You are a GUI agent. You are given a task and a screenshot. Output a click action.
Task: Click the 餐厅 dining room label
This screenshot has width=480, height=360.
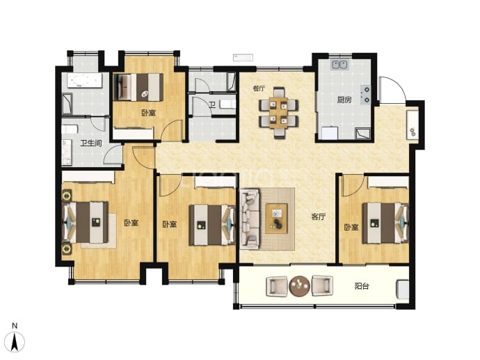point(259,88)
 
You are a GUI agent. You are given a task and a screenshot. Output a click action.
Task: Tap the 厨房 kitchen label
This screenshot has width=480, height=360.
point(344,100)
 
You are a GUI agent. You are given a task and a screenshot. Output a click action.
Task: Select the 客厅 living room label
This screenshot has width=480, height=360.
point(319,217)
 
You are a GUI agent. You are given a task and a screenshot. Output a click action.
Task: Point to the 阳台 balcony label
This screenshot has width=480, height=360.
point(362,286)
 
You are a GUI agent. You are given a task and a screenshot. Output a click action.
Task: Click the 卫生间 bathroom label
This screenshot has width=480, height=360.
point(91,143)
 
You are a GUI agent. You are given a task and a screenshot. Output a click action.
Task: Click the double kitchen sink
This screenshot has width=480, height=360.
point(339,64)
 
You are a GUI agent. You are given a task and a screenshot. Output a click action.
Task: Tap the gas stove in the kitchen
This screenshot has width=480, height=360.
point(366,95)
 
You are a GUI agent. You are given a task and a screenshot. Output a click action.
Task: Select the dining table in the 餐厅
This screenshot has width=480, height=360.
point(278,113)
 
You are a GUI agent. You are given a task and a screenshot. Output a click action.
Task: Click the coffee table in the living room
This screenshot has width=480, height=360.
point(276,219)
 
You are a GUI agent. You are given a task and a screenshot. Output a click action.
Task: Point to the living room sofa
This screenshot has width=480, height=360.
point(250,219)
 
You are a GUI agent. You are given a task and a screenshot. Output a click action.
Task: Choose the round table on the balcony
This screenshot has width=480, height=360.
point(299,286)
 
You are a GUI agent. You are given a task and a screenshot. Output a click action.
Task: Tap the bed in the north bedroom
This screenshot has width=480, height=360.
point(138,87)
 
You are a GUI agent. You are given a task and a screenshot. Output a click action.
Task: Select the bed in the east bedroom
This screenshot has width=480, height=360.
point(385,223)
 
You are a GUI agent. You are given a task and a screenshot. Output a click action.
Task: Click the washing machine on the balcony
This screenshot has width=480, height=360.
point(403,290)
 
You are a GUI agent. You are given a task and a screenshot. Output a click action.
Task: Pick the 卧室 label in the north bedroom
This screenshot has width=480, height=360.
point(148,113)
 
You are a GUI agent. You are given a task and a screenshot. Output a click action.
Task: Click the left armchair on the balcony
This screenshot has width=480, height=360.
point(277,286)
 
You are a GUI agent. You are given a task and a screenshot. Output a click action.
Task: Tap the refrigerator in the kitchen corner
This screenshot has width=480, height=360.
point(329,134)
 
